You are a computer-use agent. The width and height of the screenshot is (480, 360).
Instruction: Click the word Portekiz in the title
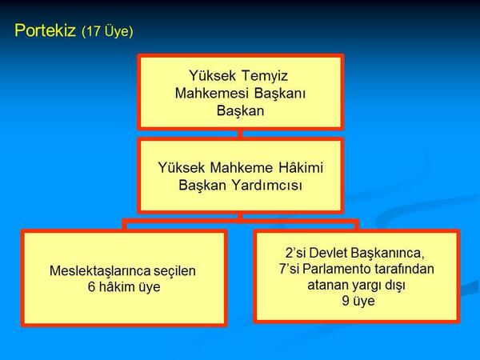[x=46, y=31]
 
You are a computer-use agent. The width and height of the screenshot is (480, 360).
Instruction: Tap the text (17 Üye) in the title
[x=107, y=32]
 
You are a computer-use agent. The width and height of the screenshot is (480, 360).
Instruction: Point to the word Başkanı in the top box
[x=279, y=94]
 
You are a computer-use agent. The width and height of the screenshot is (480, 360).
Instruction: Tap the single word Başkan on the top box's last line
[x=240, y=110]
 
